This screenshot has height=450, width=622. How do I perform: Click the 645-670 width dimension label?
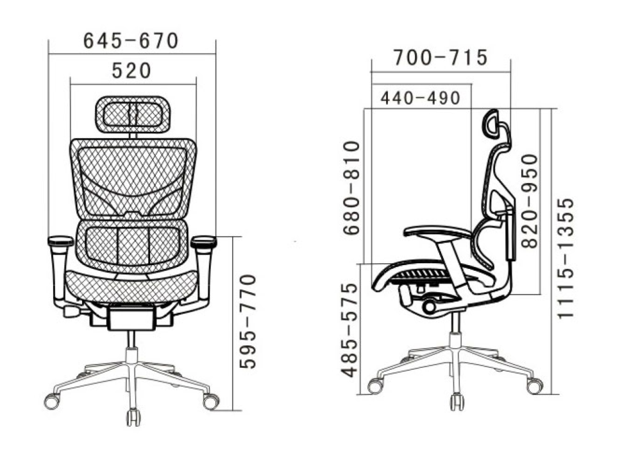(131, 40)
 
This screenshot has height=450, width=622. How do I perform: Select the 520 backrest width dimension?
(131, 71)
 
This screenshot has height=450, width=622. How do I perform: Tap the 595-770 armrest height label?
(249, 321)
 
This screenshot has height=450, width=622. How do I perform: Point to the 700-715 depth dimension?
(441, 57)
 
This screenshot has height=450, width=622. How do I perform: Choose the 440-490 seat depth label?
(421, 98)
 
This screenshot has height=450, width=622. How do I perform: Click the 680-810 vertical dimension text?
(351, 187)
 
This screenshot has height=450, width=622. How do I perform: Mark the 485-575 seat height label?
(350, 330)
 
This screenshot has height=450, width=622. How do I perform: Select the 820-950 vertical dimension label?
(530, 201)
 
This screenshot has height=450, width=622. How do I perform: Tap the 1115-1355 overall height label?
(566, 257)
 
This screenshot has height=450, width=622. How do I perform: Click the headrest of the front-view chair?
(133, 114)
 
